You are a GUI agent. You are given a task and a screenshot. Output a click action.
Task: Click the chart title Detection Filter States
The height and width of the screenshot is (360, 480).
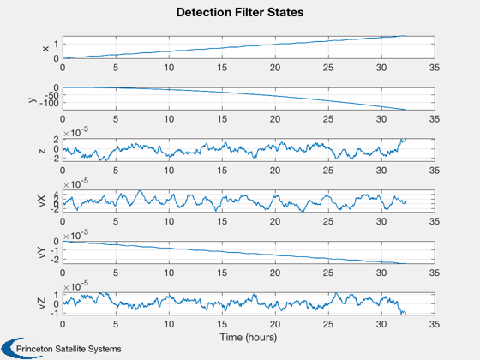tap(240, 12)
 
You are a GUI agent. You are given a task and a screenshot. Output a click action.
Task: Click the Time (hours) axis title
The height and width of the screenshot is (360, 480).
tap(249, 337)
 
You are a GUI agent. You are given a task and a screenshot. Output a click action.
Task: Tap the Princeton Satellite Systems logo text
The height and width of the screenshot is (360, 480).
tap(69, 349)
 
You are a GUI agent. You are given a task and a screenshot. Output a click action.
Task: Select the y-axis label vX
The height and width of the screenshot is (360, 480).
tap(42, 201)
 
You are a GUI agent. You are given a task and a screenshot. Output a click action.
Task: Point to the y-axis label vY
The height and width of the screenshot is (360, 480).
tap(42, 252)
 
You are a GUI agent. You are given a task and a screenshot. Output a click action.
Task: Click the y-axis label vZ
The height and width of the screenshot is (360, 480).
tap(42, 303)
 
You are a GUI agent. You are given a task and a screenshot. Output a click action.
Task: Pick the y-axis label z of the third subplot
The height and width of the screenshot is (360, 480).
tap(42, 151)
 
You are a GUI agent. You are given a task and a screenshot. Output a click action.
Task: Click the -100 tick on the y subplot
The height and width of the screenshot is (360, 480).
tap(49, 104)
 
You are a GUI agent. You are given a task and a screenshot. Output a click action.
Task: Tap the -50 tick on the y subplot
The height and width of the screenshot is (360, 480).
tap(51, 95)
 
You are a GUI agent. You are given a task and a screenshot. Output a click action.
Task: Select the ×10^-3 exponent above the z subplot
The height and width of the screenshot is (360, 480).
tap(75, 132)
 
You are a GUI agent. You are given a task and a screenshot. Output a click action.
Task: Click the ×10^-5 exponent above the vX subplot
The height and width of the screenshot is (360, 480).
tap(75, 183)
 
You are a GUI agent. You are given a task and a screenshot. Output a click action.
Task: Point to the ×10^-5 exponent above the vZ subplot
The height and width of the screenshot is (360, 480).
tap(75, 286)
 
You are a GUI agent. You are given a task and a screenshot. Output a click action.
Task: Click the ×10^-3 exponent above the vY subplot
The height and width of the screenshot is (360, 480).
tap(75, 235)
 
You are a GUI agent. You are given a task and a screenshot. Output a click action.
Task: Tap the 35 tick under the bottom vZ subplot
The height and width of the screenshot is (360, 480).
tap(435, 324)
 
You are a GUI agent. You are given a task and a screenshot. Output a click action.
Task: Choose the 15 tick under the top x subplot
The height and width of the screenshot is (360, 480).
tap(222, 68)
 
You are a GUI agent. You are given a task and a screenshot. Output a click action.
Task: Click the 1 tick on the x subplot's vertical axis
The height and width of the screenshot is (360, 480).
tap(56, 44)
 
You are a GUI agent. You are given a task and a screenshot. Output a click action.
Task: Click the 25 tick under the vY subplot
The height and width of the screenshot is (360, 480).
tap(328, 273)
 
